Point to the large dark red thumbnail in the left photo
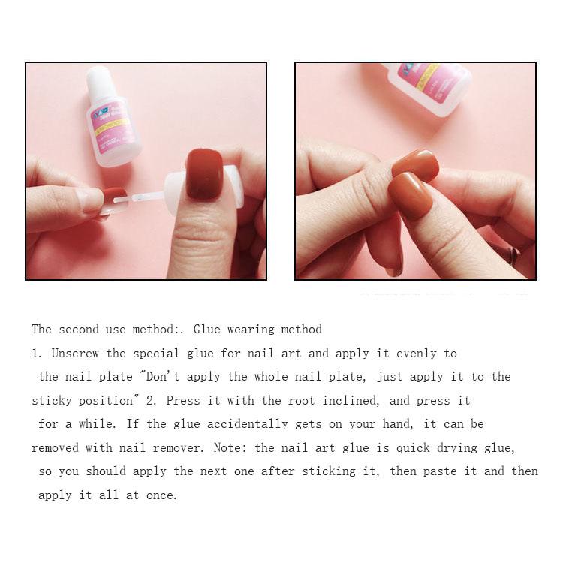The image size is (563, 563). pyautogui.click(x=204, y=173)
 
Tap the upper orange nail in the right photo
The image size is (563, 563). pyautogui.click(x=416, y=165)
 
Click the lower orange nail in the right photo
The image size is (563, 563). pyautogui.click(x=410, y=195)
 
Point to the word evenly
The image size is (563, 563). pyautogui.click(x=416, y=353)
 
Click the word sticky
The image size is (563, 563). pyautogui.click(x=52, y=400)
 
